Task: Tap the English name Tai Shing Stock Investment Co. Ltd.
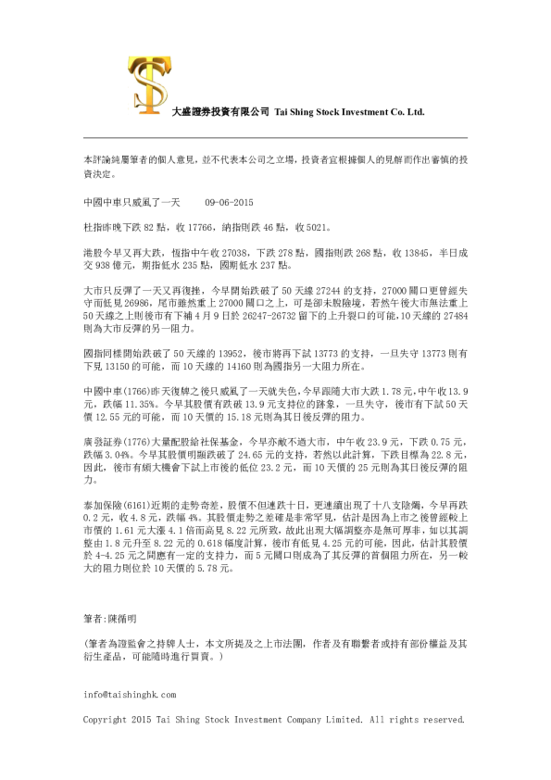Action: (348, 111)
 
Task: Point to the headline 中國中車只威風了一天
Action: (126, 200)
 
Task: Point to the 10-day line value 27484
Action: (452, 316)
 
